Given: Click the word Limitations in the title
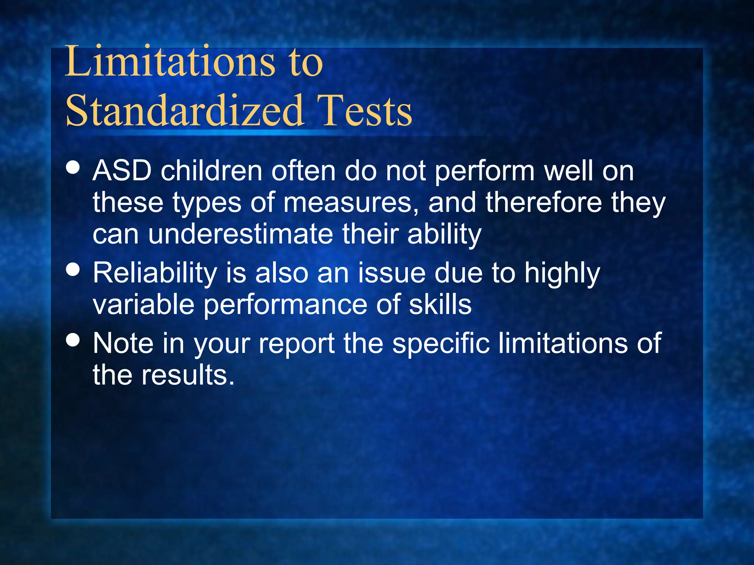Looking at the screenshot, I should [170, 61].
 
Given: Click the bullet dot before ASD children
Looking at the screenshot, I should [73, 167].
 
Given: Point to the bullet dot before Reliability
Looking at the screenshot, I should [73, 269].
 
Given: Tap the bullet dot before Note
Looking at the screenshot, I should [73, 340].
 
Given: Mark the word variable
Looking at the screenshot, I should [144, 305].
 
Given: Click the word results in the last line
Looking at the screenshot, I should [188, 375].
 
